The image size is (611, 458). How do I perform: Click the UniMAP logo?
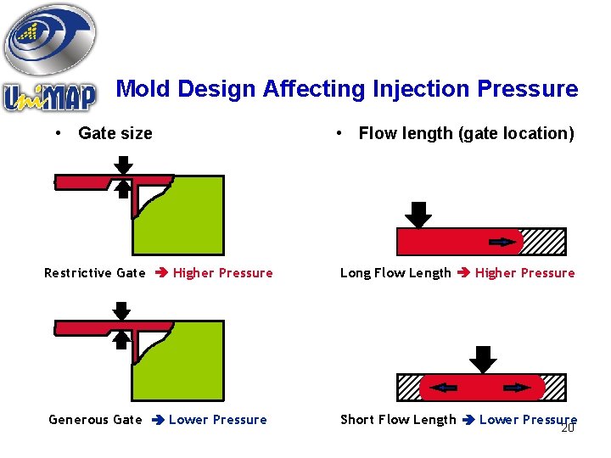(51, 59)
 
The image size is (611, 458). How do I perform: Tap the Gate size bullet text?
(115, 133)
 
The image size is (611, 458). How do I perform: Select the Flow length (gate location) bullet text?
(466, 133)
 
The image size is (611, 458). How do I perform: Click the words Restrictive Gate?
(95, 273)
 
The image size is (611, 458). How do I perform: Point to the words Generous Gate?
(95, 420)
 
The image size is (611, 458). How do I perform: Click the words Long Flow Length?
(395, 273)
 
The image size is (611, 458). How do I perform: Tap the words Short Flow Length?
(398, 420)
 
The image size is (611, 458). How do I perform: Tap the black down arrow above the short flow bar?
(483, 360)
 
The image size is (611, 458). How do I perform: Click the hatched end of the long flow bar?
(543, 243)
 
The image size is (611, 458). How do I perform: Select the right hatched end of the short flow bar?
(555, 388)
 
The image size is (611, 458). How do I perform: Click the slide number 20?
(569, 427)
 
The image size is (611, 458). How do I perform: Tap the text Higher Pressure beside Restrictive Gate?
(223, 273)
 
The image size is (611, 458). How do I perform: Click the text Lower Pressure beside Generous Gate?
(218, 420)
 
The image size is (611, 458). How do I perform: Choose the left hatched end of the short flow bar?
(408, 388)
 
